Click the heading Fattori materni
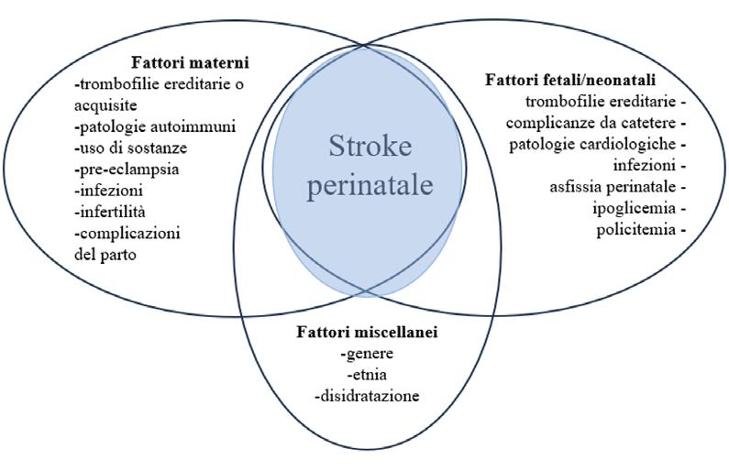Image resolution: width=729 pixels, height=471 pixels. pyautogui.click(x=191, y=64)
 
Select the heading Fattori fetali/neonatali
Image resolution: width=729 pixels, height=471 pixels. pyautogui.click(x=570, y=80)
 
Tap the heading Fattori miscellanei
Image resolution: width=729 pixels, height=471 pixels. pyautogui.click(x=367, y=332)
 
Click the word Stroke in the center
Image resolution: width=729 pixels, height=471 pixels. pyautogui.click(x=370, y=146)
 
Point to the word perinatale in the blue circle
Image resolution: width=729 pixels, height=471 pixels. pyautogui.click(x=370, y=185)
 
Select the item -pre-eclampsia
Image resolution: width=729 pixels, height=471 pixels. pyautogui.click(x=127, y=170)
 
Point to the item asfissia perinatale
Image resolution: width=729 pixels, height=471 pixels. pyautogui.click(x=614, y=186)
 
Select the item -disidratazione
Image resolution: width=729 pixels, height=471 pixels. pyautogui.click(x=366, y=396)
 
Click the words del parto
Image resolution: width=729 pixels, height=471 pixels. pyautogui.click(x=105, y=254)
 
